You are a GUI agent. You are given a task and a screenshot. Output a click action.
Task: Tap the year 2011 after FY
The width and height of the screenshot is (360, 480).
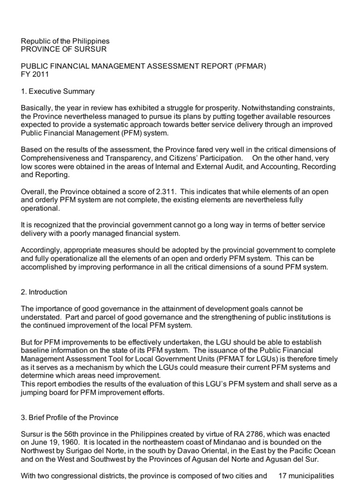[40, 75]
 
